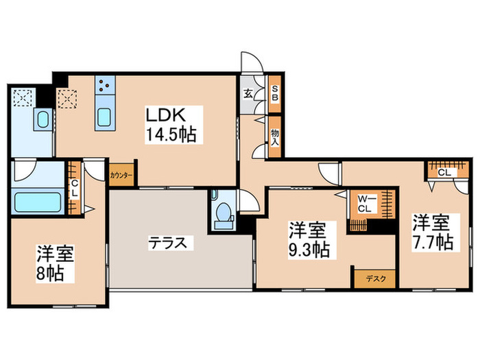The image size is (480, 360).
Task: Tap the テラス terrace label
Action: point(169,242)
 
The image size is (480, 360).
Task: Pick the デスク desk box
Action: point(370,278)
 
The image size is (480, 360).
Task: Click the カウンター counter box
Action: point(121,176)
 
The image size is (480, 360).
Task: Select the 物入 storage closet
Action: point(275,136)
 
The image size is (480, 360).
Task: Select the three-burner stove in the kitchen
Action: point(106,85)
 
